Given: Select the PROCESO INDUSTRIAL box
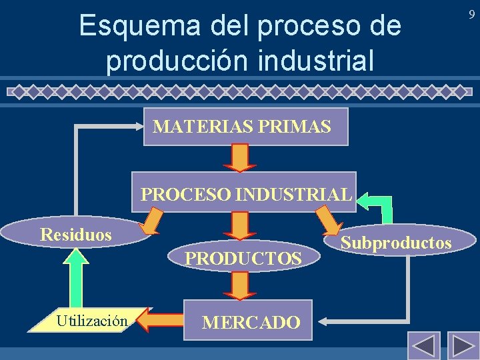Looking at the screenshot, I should coord(244,193).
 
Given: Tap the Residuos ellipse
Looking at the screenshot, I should coord(75,234).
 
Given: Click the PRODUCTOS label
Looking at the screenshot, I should coord(243,258).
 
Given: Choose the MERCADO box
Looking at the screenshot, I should coord(250,322).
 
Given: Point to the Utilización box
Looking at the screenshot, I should coord(92,321).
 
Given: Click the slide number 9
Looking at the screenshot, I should coord(471,13).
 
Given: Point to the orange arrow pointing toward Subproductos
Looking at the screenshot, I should coord(328,221).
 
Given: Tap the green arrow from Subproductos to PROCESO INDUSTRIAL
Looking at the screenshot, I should coord(377,206).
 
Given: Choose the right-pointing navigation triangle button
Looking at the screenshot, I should coord(463,346).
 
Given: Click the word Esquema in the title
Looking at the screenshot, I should coord(129,27).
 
